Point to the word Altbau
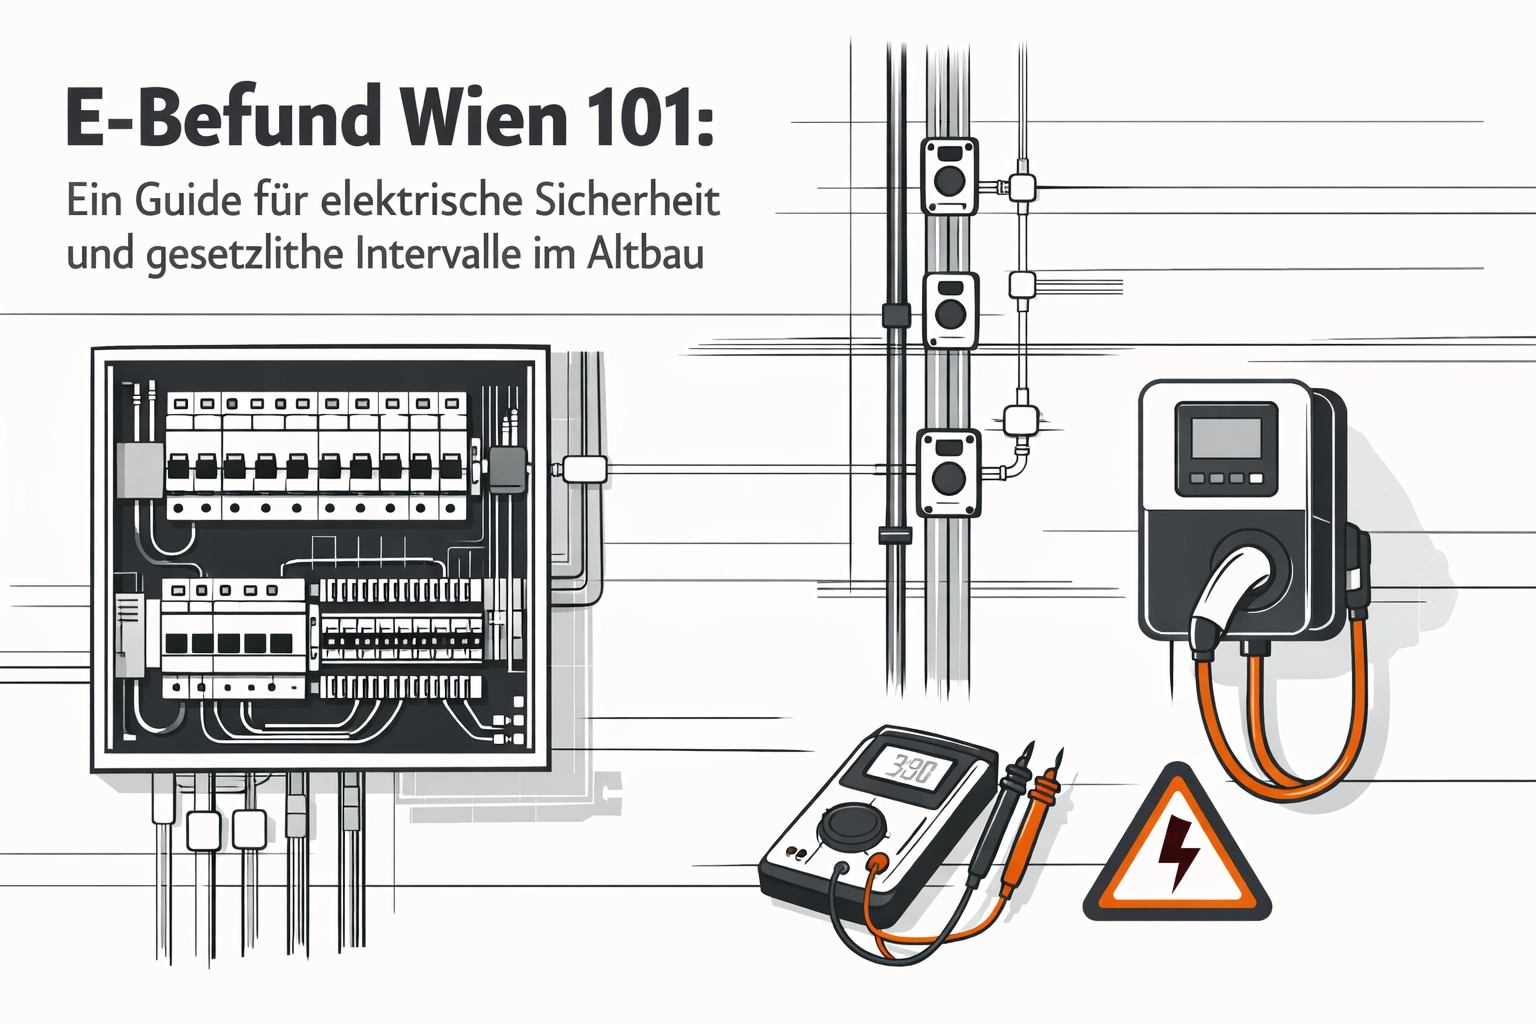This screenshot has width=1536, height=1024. [645, 254]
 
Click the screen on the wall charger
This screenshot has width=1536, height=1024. [1227, 429]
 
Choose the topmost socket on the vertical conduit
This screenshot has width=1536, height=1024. [949, 177]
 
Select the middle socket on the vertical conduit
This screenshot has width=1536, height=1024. [950, 311]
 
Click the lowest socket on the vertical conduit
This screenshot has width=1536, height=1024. [949, 472]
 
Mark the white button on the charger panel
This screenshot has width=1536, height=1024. [1256, 479]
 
